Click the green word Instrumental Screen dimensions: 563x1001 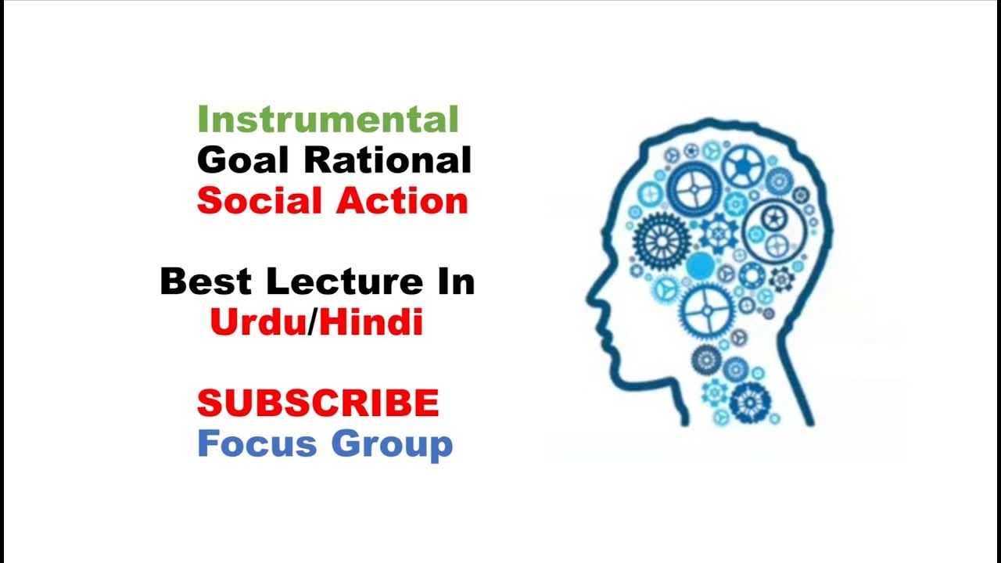pyautogui.click(x=328, y=120)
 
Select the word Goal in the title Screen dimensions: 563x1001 pyautogui.click(x=244, y=160)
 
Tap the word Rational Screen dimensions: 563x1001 pyautogui.click(x=388, y=160)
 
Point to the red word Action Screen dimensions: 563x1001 pyautogui.click(x=401, y=201)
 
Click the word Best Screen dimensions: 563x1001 pyautogui.click(x=206, y=281)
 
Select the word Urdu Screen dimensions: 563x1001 pyautogui.click(x=257, y=322)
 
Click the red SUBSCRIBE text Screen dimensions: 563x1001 pyautogui.click(x=318, y=403)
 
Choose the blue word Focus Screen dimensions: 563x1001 pyautogui.click(x=257, y=443)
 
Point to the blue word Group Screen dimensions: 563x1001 pyautogui.click(x=391, y=443)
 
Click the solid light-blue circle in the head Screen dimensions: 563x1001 pyautogui.click(x=701, y=266)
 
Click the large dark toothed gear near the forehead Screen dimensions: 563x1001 pyautogui.click(x=662, y=239)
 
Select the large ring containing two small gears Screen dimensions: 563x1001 pyautogui.click(x=774, y=231)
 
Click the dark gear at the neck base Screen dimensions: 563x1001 pyautogui.click(x=750, y=402)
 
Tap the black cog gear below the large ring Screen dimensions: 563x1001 pyautogui.click(x=781, y=278)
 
